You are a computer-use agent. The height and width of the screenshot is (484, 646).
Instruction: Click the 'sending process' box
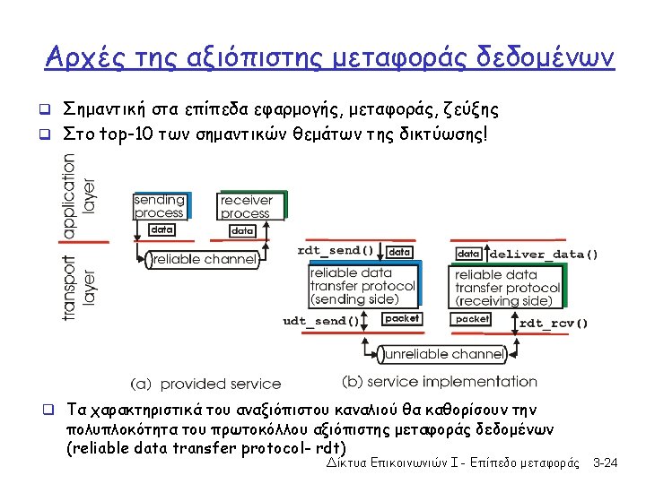pyautogui.click(x=160, y=206)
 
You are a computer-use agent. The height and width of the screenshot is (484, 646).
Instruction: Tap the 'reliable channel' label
pyautogui.click(x=205, y=259)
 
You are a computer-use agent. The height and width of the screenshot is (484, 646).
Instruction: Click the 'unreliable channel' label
pyautogui.click(x=444, y=355)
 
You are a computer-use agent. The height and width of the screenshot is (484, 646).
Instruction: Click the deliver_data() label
pyautogui.click(x=543, y=254)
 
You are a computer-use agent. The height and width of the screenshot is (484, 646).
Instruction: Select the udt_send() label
pyautogui.click(x=321, y=320)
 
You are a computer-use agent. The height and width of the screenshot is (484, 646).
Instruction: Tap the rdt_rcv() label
pyautogui.click(x=554, y=323)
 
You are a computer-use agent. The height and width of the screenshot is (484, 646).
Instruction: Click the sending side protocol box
pyautogui.click(x=362, y=286)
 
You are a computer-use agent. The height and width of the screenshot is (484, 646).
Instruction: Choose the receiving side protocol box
pyautogui.click(x=507, y=288)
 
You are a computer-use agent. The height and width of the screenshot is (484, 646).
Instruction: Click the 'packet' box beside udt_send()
pyautogui.click(x=401, y=318)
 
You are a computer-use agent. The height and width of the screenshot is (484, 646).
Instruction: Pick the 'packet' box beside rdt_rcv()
pyautogui.click(x=472, y=319)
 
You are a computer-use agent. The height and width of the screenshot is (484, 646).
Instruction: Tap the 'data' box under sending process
pyautogui.click(x=161, y=230)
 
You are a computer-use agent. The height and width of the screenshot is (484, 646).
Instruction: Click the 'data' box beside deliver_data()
pyautogui.click(x=469, y=254)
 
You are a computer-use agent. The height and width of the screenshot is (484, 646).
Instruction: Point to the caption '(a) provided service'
pyautogui.click(x=205, y=384)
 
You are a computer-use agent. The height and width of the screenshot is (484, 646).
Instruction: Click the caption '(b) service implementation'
pyautogui.click(x=440, y=382)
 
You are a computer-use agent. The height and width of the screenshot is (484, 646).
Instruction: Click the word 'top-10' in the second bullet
pyautogui.click(x=123, y=134)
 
